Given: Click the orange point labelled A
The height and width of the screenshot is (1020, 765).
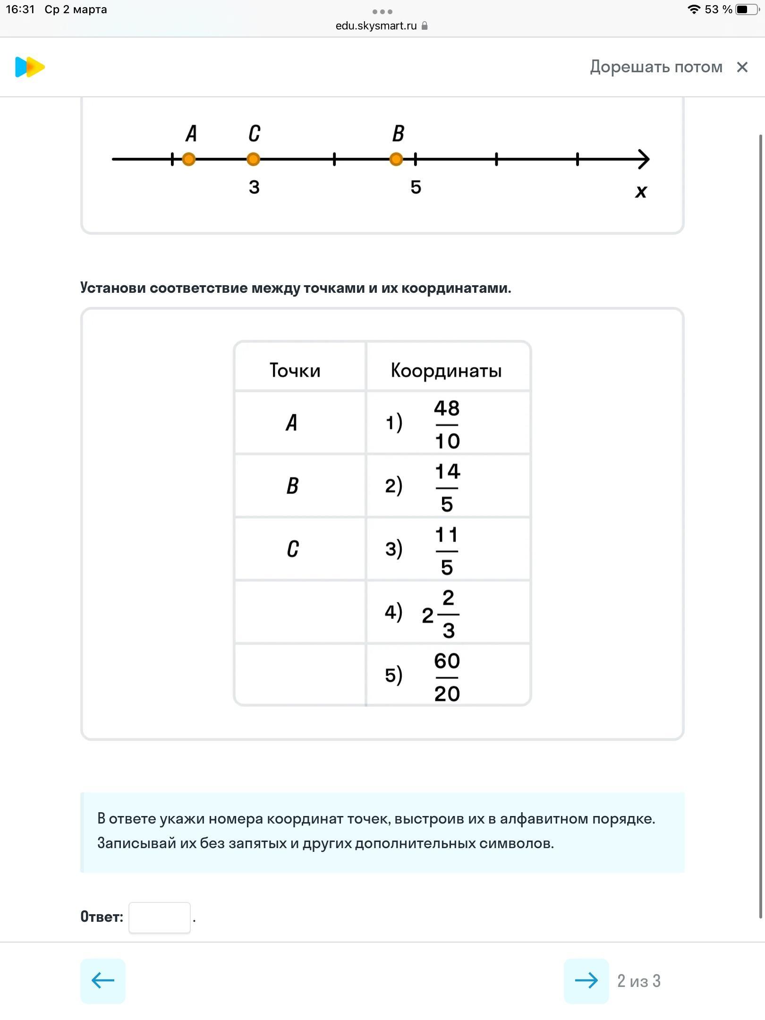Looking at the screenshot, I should coord(189,160).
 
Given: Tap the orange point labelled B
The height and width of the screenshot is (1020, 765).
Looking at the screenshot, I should coord(396,160).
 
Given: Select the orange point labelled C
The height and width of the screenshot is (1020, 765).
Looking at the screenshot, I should coord(254,160).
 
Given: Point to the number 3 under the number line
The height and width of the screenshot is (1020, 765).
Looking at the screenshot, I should coord(254,187).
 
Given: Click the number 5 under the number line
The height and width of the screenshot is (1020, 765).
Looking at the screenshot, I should coord(416,187).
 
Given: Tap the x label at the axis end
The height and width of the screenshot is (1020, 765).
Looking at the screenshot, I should coord(641,191).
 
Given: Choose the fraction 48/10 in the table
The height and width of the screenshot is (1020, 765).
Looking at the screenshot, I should coord(447,424).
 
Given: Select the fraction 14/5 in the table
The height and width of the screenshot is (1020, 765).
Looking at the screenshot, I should coord(447,487).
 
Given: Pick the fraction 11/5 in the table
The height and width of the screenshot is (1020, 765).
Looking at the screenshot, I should coord(447,551).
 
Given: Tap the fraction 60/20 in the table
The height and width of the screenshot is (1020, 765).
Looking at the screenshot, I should coord(447,677).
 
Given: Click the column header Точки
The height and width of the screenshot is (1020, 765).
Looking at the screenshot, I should coord(295,370).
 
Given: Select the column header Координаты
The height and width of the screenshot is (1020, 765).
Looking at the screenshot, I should coord(446,370).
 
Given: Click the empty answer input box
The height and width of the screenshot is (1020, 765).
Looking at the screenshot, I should coord(160,918).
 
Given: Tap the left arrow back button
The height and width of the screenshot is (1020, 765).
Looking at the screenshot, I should coord(103,981).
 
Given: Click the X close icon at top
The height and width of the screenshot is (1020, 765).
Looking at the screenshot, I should coord(742,67).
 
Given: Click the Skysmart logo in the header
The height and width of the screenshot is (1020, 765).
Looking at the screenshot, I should coord(30,67).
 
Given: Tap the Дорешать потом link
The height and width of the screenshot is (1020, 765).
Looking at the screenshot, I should coord(656,67).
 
